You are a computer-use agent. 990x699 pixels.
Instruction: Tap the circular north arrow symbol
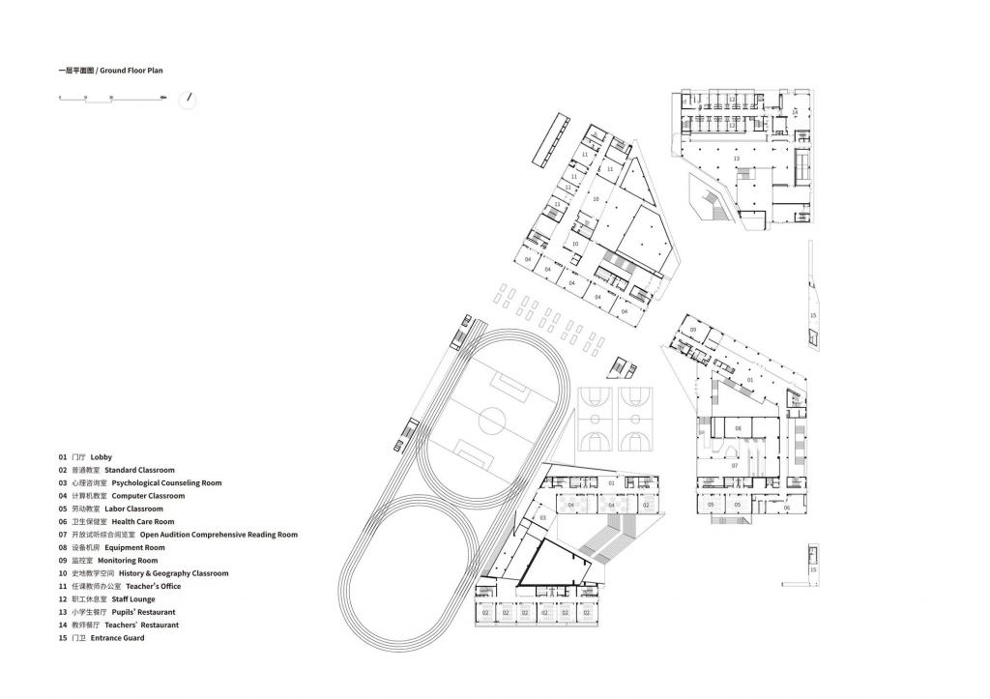[x=189, y=100]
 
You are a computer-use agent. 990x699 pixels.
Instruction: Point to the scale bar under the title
[x=111, y=98]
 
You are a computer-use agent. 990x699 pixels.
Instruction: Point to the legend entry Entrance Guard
[x=117, y=638]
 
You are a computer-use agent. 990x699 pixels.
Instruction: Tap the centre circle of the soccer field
[x=492, y=420]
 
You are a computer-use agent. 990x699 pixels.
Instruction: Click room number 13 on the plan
[x=737, y=158]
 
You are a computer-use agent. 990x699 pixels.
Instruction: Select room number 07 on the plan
[x=735, y=466]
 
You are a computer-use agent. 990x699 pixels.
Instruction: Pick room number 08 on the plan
[x=738, y=427]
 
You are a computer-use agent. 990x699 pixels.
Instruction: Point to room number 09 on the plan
[x=693, y=331]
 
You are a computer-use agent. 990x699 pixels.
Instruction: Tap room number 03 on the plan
[x=543, y=518]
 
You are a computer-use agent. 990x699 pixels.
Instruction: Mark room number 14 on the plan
[x=795, y=112]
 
